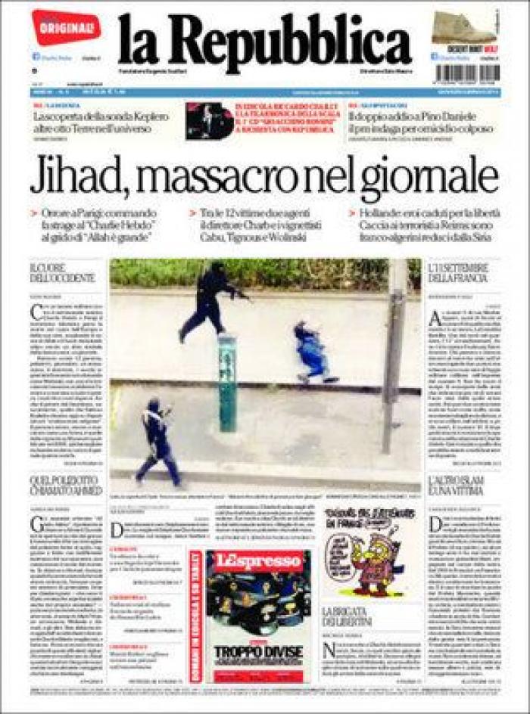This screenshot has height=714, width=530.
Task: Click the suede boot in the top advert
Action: pyautogui.click(x=463, y=28)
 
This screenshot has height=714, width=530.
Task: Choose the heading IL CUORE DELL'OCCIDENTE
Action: pyautogui.click(x=64, y=273)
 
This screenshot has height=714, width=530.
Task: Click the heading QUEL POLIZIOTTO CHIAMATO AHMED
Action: pyautogui.click(x=66, y=486)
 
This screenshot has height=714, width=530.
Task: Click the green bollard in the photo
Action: pyautogui.click(x=227, y=382)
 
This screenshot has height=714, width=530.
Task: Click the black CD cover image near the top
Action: pyautogui.click(x=210, y=120)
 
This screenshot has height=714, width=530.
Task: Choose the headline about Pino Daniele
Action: pyautogui.click(x=421, y=123)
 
